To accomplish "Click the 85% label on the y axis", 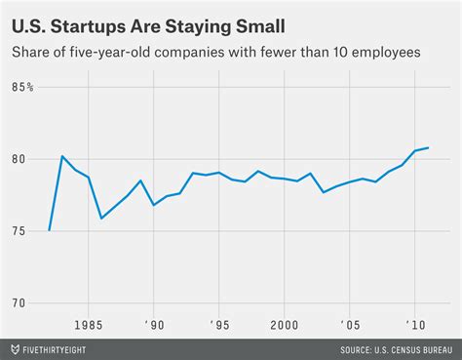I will (24, 88).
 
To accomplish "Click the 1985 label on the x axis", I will (89, 324).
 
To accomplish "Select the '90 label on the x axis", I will (154, 324).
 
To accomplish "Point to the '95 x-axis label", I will (220, 324).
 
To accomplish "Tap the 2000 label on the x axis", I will (285, 324).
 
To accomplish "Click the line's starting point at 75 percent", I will (49, 230).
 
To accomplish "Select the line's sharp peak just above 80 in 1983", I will (62, 156).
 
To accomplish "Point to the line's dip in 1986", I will (101, 218).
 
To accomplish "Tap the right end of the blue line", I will (429, 148).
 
